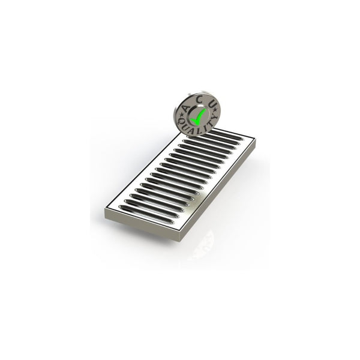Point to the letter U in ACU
[x=211, y=104]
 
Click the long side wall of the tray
[x=219, y=192]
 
